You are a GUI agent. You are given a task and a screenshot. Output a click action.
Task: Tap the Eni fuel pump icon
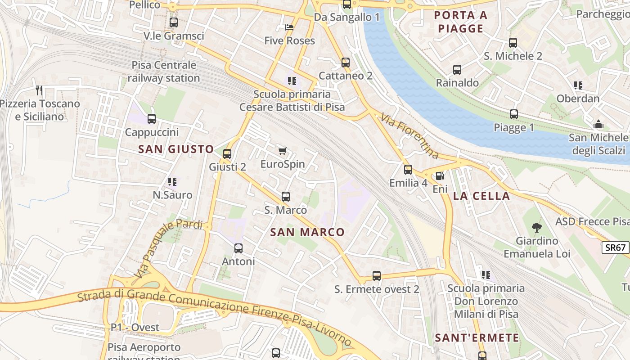440,176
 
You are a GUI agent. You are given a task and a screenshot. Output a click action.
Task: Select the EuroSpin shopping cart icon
283,151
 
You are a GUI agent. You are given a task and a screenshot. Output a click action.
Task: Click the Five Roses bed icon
290,28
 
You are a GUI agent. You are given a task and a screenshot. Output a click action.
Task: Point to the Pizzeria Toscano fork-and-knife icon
39,91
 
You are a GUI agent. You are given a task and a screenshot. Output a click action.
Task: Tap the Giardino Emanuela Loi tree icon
536,228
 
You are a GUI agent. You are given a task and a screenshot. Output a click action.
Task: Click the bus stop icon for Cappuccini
152,119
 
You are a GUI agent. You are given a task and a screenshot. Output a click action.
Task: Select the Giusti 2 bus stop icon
227,154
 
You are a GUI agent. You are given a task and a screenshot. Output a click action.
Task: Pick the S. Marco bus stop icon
286,197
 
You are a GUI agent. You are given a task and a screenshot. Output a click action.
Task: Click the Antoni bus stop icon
238,248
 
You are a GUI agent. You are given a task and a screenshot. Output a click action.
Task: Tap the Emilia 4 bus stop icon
408,170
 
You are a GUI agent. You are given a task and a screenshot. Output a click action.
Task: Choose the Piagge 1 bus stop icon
514,114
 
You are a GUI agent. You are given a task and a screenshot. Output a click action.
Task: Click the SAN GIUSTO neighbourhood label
176,149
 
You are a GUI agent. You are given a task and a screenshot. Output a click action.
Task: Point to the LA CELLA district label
481,196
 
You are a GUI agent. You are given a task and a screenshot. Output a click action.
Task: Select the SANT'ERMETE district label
477,337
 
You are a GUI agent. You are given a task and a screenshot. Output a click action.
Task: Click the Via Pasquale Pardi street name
168,247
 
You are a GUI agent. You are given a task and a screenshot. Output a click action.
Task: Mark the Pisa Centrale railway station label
164,72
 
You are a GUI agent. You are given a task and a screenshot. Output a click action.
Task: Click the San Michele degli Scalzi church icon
599,124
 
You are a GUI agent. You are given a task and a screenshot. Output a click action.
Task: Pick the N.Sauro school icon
172,182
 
